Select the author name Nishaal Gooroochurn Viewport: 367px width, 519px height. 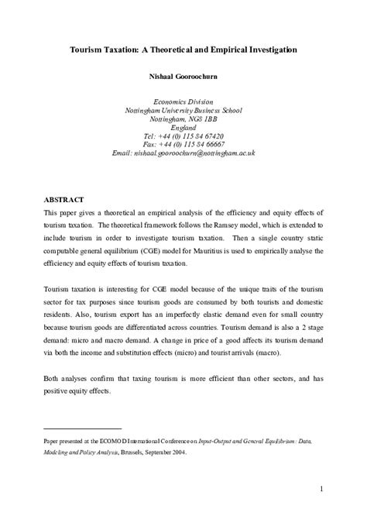183,77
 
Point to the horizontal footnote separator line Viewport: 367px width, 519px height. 83,428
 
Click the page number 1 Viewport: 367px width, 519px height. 319,488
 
